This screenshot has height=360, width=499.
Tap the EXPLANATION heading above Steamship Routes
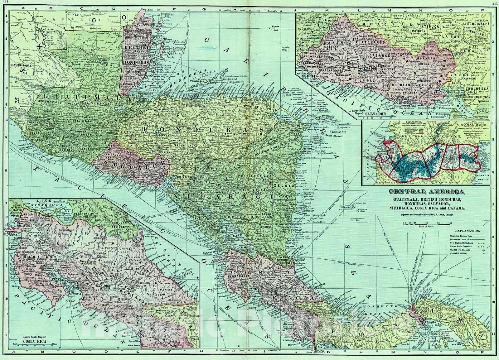pyautogui.click(x=467, y=231)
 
